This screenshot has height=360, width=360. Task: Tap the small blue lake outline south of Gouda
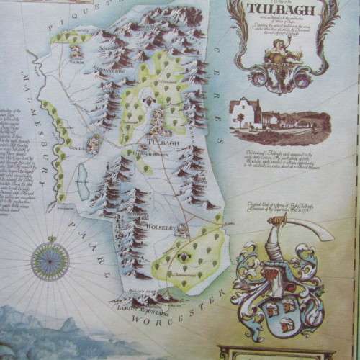point(84,176)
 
